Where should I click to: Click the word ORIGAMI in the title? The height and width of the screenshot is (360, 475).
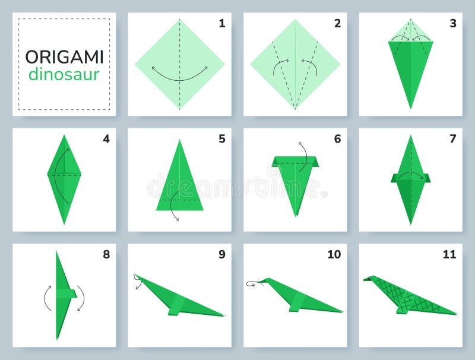pos(64,57)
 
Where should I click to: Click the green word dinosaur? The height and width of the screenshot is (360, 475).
pos(64,74)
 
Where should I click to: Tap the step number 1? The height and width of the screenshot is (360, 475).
pos(221,24)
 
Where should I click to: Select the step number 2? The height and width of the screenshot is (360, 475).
pos(337,24)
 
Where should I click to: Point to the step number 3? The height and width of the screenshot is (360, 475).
pos(452,24)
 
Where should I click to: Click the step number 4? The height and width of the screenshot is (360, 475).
pos(106,139)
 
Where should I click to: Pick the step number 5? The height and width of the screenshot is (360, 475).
pos(221,139)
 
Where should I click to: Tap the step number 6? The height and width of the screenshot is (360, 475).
pos(337,139)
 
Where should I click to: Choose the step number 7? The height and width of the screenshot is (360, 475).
pos(452,139)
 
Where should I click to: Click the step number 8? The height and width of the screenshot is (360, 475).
pos(106,254)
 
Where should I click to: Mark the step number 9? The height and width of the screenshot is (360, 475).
pos(221,254)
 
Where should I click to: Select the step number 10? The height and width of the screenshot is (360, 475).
pos(334,254)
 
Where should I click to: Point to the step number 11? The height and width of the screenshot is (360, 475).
pos(449,254)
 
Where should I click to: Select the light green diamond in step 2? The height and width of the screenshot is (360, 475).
pos(295,53)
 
